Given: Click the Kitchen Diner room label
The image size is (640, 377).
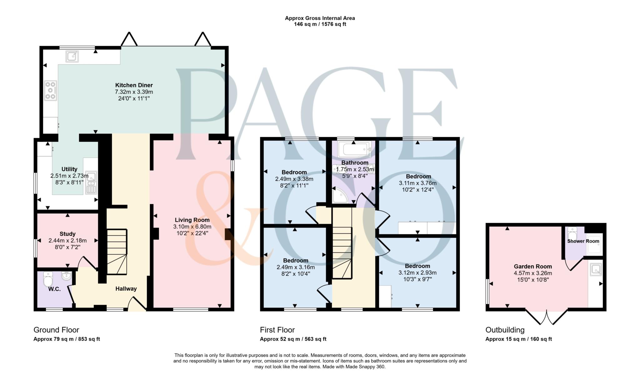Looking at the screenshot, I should pyautogui.click(x=134, y=85).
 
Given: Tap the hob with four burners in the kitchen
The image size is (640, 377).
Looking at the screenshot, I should pyautogui.click(x=50, y=91).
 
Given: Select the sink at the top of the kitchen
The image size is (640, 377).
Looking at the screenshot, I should pyautogui.click(x=72, y=57).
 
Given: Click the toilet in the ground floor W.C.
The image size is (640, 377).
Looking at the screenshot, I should pyautogui.click(x=48, y=279).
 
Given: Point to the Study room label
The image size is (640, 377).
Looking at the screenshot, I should pyautogui.click(x=67, y=234).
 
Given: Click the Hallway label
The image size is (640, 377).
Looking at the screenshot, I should pyautogui.click(x=126, y=289).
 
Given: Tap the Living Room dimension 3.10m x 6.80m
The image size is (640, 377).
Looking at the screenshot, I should pyautogui.click(x=192, y=227).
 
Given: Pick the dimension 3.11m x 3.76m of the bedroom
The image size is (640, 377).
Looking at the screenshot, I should pyautogui.click(x=417, y=183).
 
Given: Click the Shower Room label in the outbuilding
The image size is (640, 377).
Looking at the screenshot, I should pyautogui.click(x=583, y=241).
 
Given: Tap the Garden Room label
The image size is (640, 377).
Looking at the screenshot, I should pyautogui.click(x=533, y=266).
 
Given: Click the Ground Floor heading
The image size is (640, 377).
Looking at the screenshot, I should pyautogui.click(x=56, y=330).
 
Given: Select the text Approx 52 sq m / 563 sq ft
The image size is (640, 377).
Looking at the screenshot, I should pyautogui.click(x=293, y=339).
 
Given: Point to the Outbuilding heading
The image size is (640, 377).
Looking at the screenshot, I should pyautogui.click(x=505, y=330).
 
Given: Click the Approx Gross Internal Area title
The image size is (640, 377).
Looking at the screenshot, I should pyautogui.click(x=320, y=18).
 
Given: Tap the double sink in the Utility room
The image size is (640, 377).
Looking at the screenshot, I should pyautogui.click(x=91, y=183).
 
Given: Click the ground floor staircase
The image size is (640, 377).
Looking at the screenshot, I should pyautogui.click(x=117, y=252).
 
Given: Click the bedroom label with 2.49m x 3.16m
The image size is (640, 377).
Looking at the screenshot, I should pyautogui.click(x=295, y=260).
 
